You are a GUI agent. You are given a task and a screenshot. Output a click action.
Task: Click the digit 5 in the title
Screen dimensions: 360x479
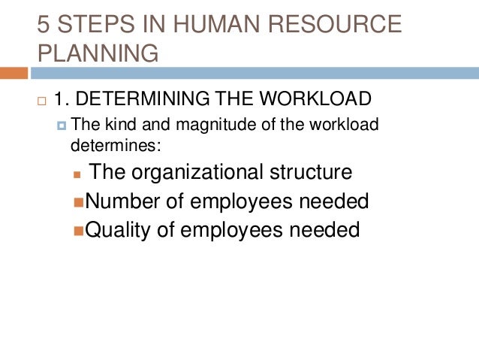[x=44, y=24]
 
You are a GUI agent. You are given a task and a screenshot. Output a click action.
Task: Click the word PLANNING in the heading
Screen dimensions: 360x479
[x=98, y=54]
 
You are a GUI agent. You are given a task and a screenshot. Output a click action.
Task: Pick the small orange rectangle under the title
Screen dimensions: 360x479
[x=14, y=74]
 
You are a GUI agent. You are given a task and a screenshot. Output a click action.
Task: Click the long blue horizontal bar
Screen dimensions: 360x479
[x=255, y=74]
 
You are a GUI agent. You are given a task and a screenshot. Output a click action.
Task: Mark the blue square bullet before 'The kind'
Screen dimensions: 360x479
[x=62, y=126]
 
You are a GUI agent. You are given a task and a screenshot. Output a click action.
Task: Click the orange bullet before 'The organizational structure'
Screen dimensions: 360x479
[x=77, y=174]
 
